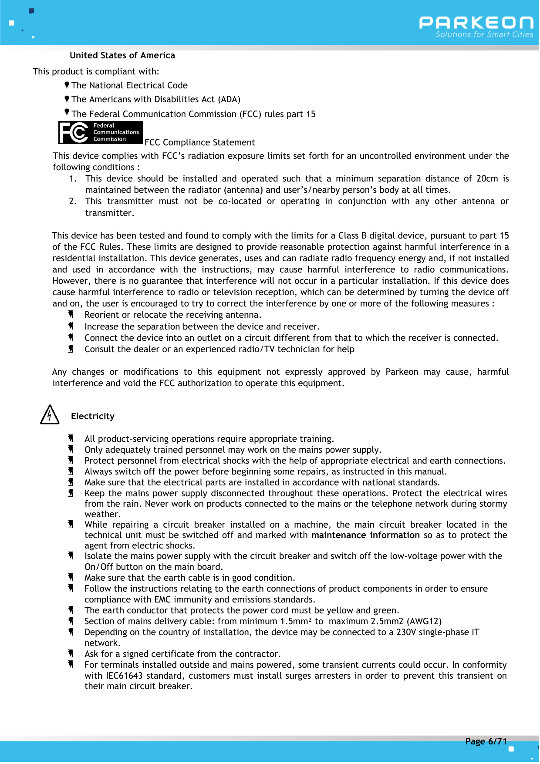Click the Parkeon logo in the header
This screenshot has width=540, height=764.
[x=476, y=23]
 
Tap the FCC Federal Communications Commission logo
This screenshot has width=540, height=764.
[x=101, y=132]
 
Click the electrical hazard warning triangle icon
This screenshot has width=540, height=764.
[x=50, y=415]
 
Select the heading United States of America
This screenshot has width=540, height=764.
[x=122, y=55]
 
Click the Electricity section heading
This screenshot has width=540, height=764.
[x=93, y=416]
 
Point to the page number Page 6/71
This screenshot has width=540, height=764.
[x=486, y=741]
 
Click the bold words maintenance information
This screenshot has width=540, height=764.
[x=365, y=535]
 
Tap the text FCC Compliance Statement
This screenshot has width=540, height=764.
[x=199, y=142]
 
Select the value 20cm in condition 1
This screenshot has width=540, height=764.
[x=487, y=178]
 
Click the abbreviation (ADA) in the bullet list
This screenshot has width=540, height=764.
[x=229, y=99]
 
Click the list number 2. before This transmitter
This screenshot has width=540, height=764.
[x=73, y=201]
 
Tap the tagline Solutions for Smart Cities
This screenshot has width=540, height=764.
[x=484, y=35]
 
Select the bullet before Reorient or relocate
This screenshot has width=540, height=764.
[x=71, y=314]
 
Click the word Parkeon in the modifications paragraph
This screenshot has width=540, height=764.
[x=402, y=372]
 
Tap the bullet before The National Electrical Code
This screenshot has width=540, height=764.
[x=67, y=85]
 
